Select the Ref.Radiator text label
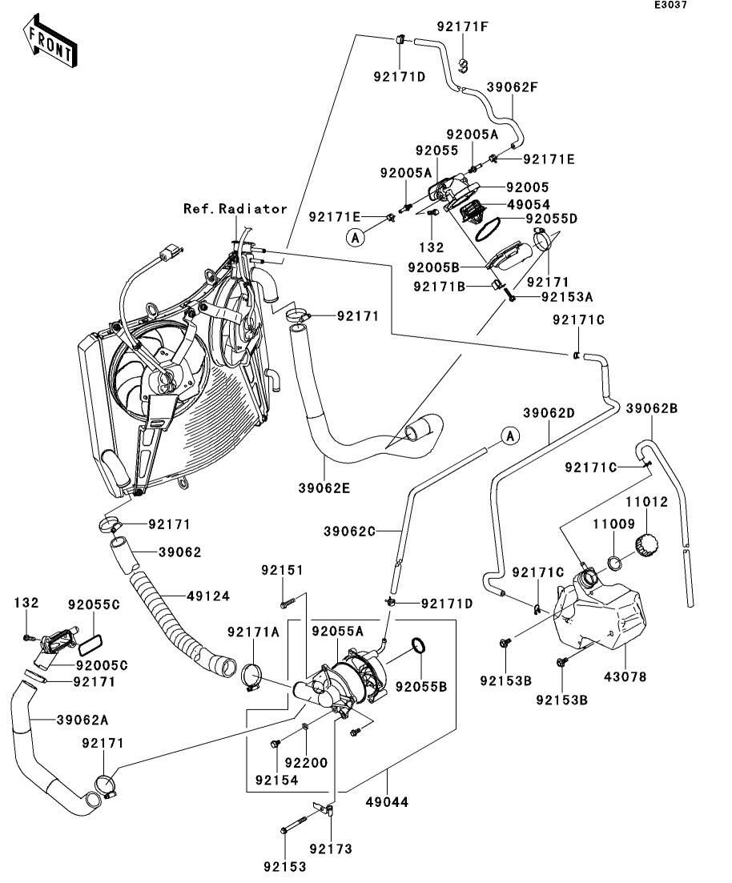pos(235,209)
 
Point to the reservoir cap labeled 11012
pos(647,546)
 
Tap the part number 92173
pos(331,849)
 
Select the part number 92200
pos(307,763)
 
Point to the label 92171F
pos(462,26)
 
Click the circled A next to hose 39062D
pos(509,435)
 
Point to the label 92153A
pos(566,296)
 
